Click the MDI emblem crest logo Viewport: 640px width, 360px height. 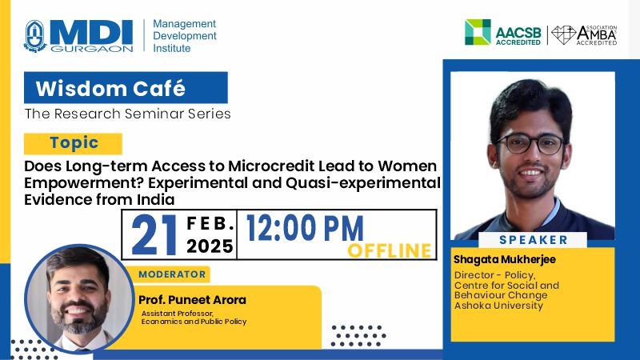[34, 36]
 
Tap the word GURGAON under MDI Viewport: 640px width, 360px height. [92, 49]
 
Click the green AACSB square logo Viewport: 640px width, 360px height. [478, 32]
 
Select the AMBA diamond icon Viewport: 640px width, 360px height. [563, 34]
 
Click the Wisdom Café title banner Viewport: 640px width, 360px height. [126, 88]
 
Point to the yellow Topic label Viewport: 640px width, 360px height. [73, 143]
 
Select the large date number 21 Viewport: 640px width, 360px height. [154, 234]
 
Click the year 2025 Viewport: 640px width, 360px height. [210, 246]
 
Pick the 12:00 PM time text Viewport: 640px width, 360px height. [305, 228]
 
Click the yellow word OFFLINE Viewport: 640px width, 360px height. [390, 250]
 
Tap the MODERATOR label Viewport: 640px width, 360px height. [172, 274]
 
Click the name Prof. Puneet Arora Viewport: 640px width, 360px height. [192, 300]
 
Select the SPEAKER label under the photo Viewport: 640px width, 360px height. [534, 239]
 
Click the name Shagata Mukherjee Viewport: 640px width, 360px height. [505, 259]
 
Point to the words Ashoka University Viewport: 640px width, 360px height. [498, 306]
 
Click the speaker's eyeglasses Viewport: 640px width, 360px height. [530, 145]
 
